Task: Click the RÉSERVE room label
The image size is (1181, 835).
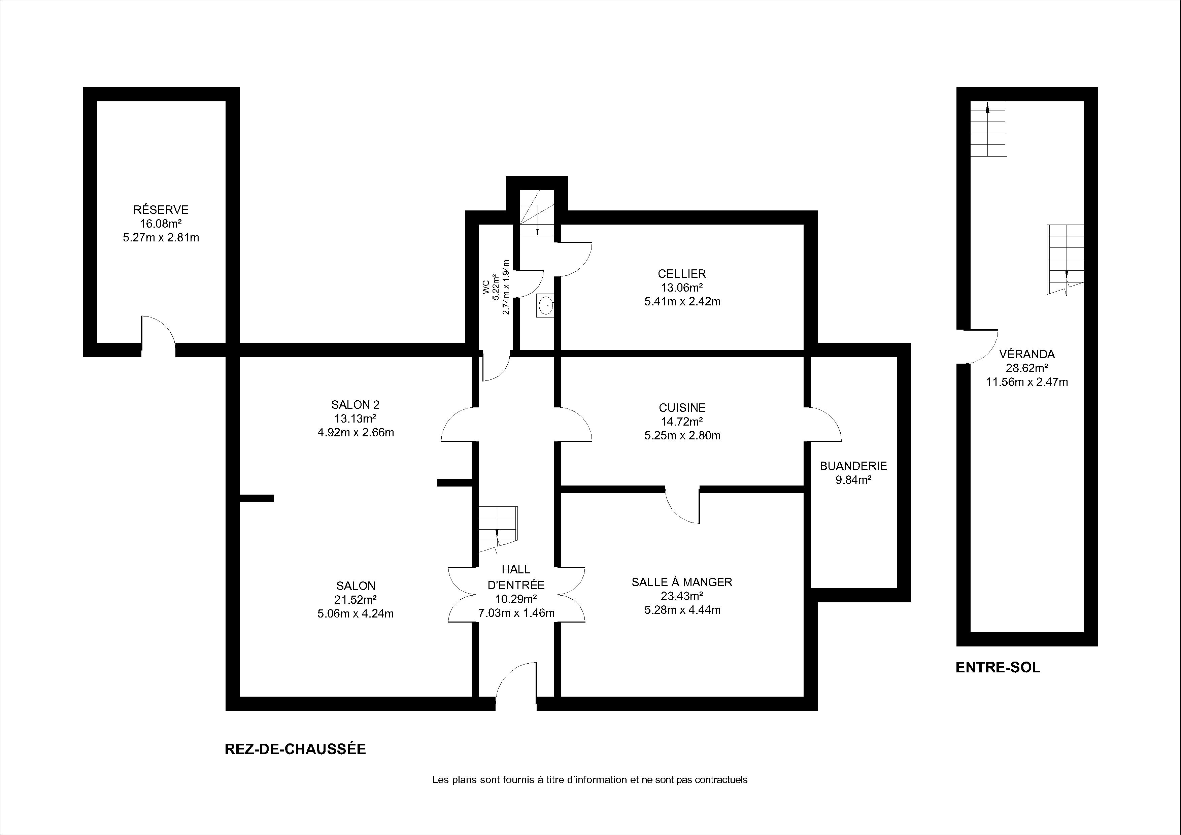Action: [161, 209]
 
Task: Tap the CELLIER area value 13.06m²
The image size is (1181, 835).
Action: [682, 288]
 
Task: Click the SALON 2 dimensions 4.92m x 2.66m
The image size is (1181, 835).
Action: [356, 433]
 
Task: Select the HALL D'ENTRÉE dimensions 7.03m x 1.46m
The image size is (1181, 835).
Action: [516, 613]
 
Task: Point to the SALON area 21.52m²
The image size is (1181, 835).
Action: [356, 599]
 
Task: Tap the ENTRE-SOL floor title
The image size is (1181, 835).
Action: [998, 668]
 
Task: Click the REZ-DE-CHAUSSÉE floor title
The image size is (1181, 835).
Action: [295, 749]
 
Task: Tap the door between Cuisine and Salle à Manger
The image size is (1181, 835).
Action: [682, 505]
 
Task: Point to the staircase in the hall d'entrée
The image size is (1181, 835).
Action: [498, 529]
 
